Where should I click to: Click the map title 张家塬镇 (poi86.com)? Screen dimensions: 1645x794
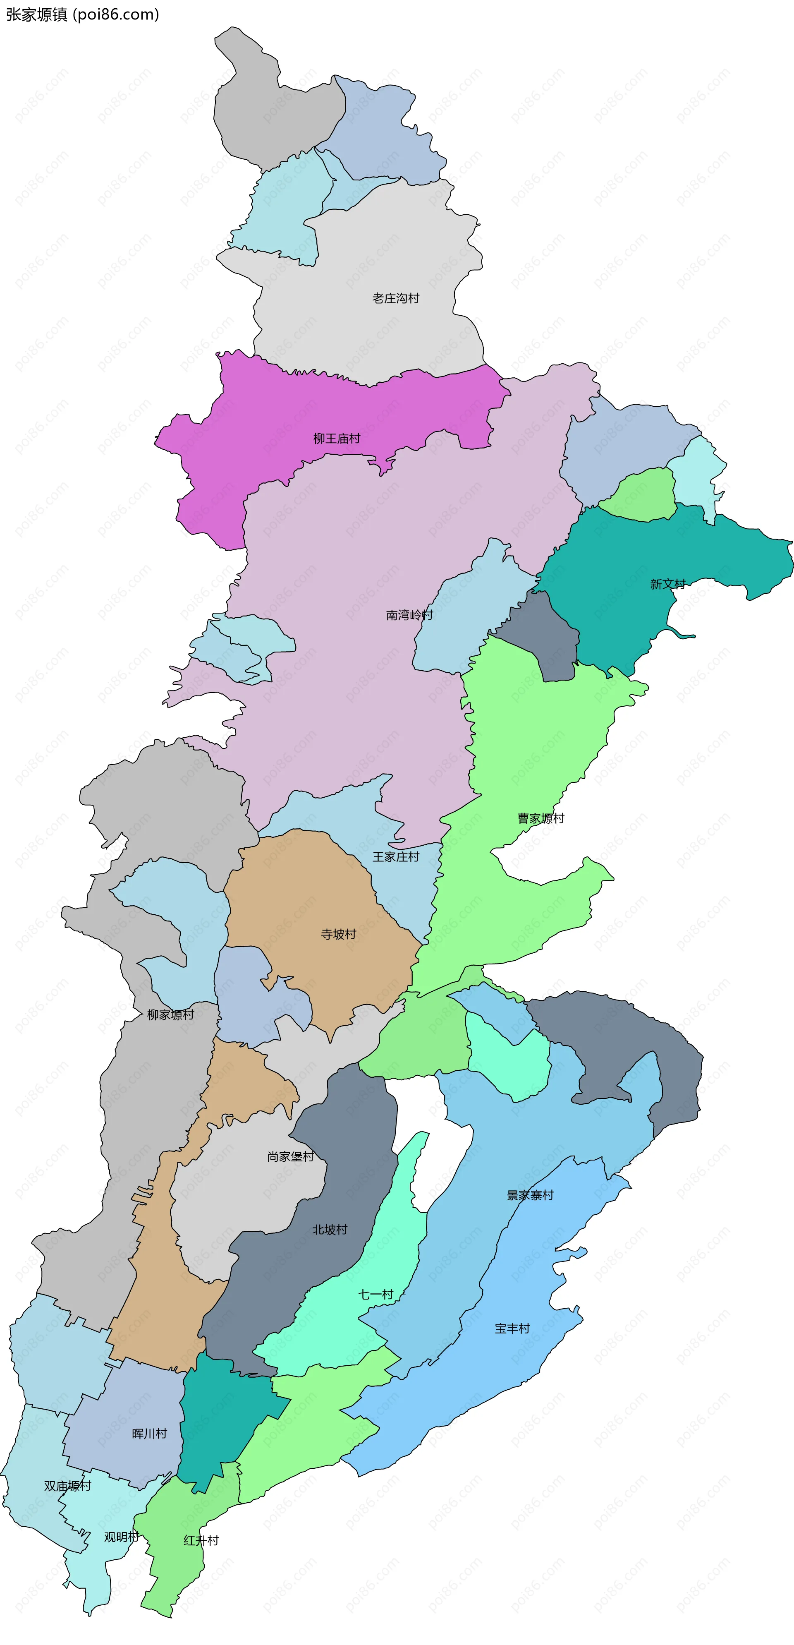tap(82, 14)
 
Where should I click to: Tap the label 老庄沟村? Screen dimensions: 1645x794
tap(396, 298)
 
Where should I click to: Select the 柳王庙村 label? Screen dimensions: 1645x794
tap(336, 439)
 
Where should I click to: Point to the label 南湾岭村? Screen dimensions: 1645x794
tap(409, 615)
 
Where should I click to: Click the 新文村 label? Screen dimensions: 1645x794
tap(667, 584)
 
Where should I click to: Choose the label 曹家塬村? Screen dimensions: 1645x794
tap(540, 818)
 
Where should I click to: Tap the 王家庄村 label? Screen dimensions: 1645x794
tap(396, 857)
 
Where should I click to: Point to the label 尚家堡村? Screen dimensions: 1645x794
tap(290, 1156)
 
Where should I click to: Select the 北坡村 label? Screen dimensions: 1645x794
tap(329, 1229)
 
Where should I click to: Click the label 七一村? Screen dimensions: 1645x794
tap(376, 1295)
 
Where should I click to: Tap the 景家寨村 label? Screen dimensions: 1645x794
tap(530, 1195)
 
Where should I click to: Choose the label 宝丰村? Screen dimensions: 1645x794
tap(512, 1328)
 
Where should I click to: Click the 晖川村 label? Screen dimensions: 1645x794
tap(149, 1434)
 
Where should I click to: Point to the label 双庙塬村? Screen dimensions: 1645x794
tap(68, 1486)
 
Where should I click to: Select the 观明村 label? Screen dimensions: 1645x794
tap(121, 1537)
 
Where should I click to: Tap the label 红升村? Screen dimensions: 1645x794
tap(201, 1540)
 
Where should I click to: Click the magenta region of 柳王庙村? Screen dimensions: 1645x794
tap(255, 409)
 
